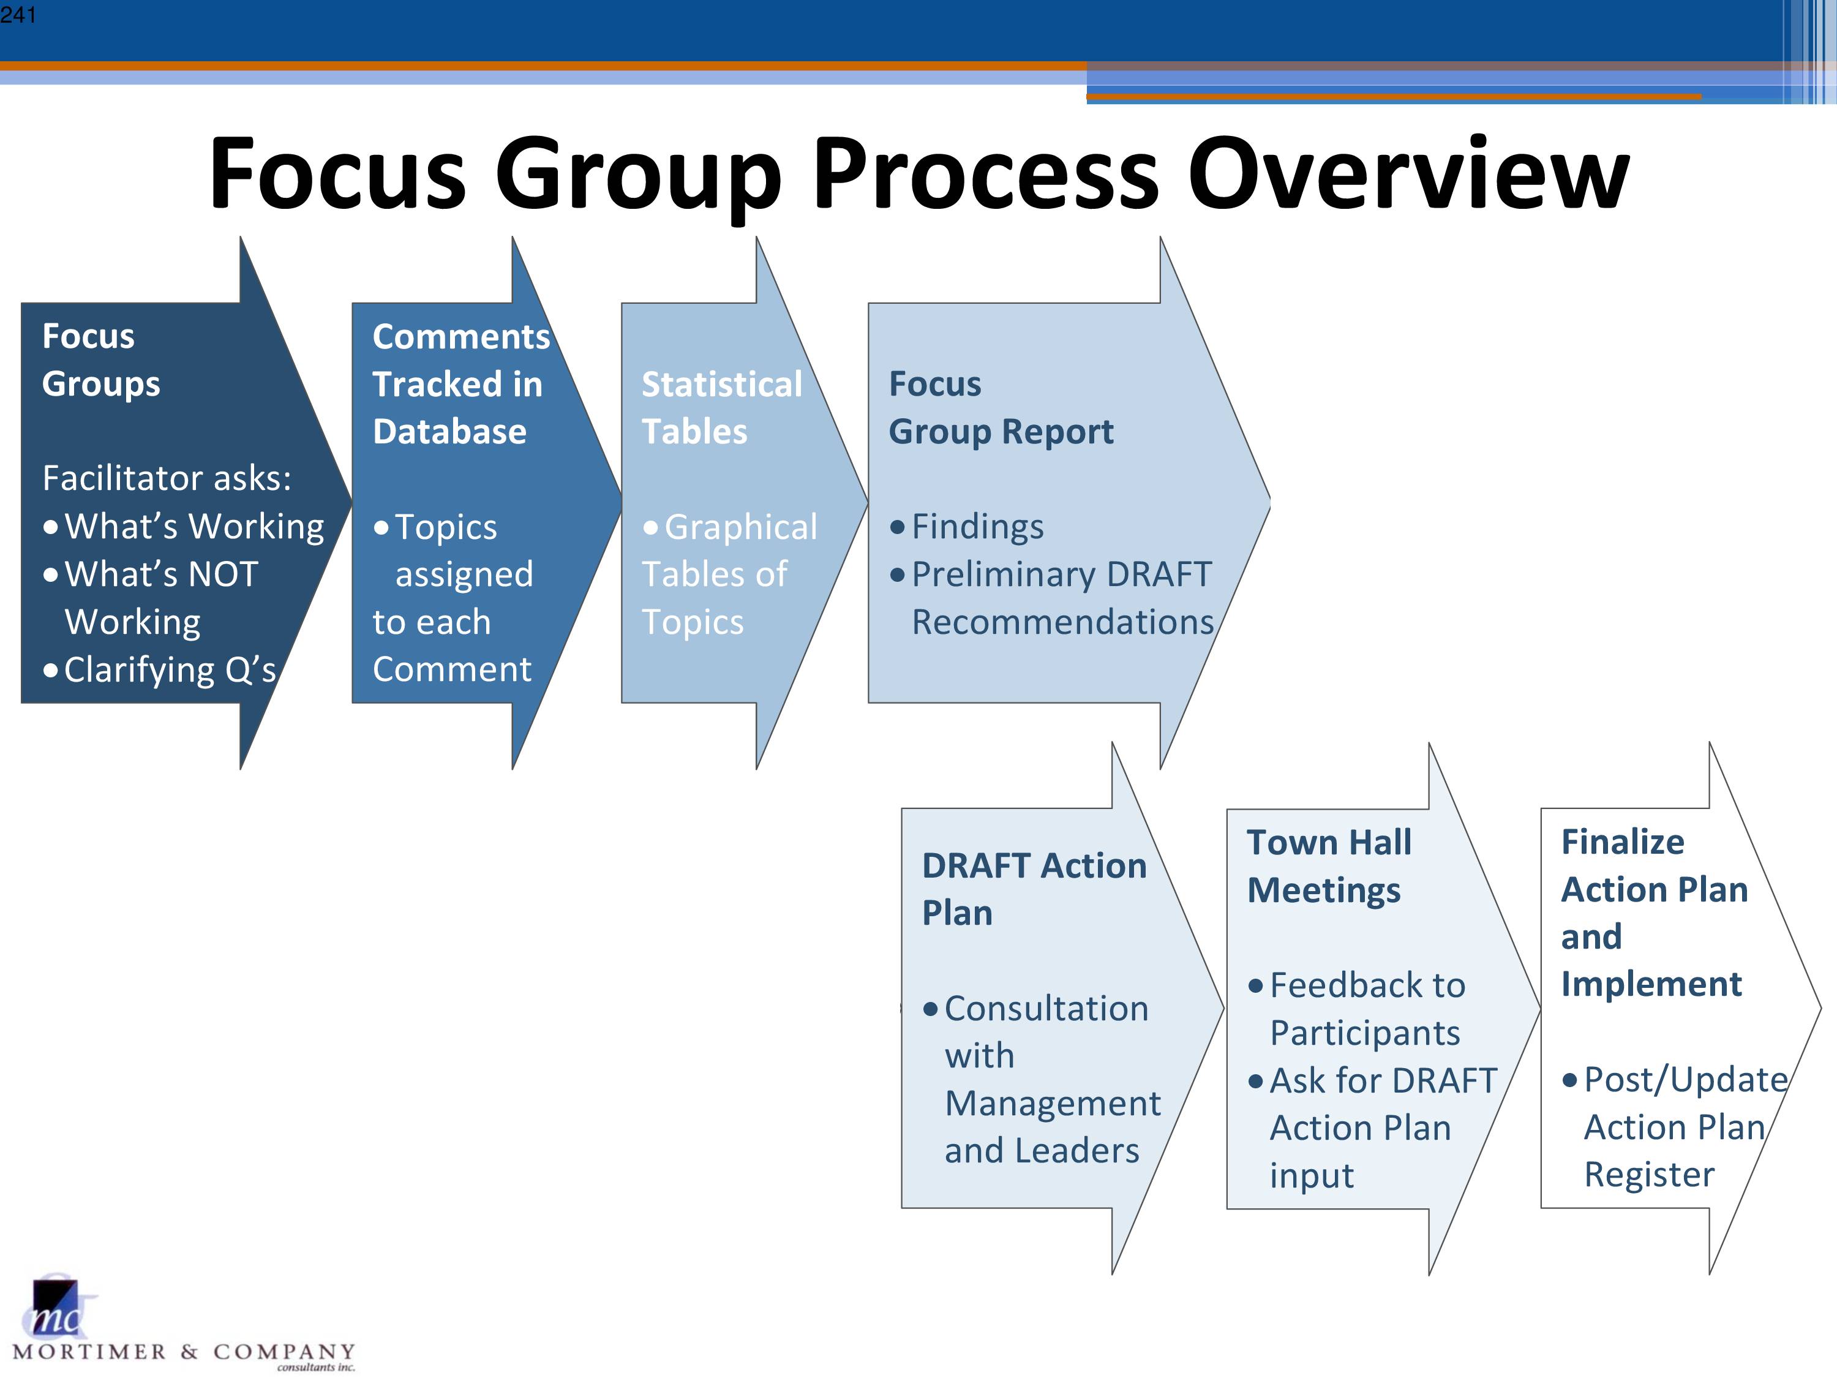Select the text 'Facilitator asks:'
[167, 478]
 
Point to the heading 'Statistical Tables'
[722, 408]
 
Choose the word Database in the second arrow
[449, 432]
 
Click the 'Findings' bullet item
[967, 527]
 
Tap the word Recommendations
[1062, 622]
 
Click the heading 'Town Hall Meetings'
[1329, 867]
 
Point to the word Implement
[1651, 984]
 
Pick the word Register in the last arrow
[1648, 1175]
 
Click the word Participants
[1364, 1033]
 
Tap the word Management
[1052, 1104]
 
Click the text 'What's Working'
[184, 527]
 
